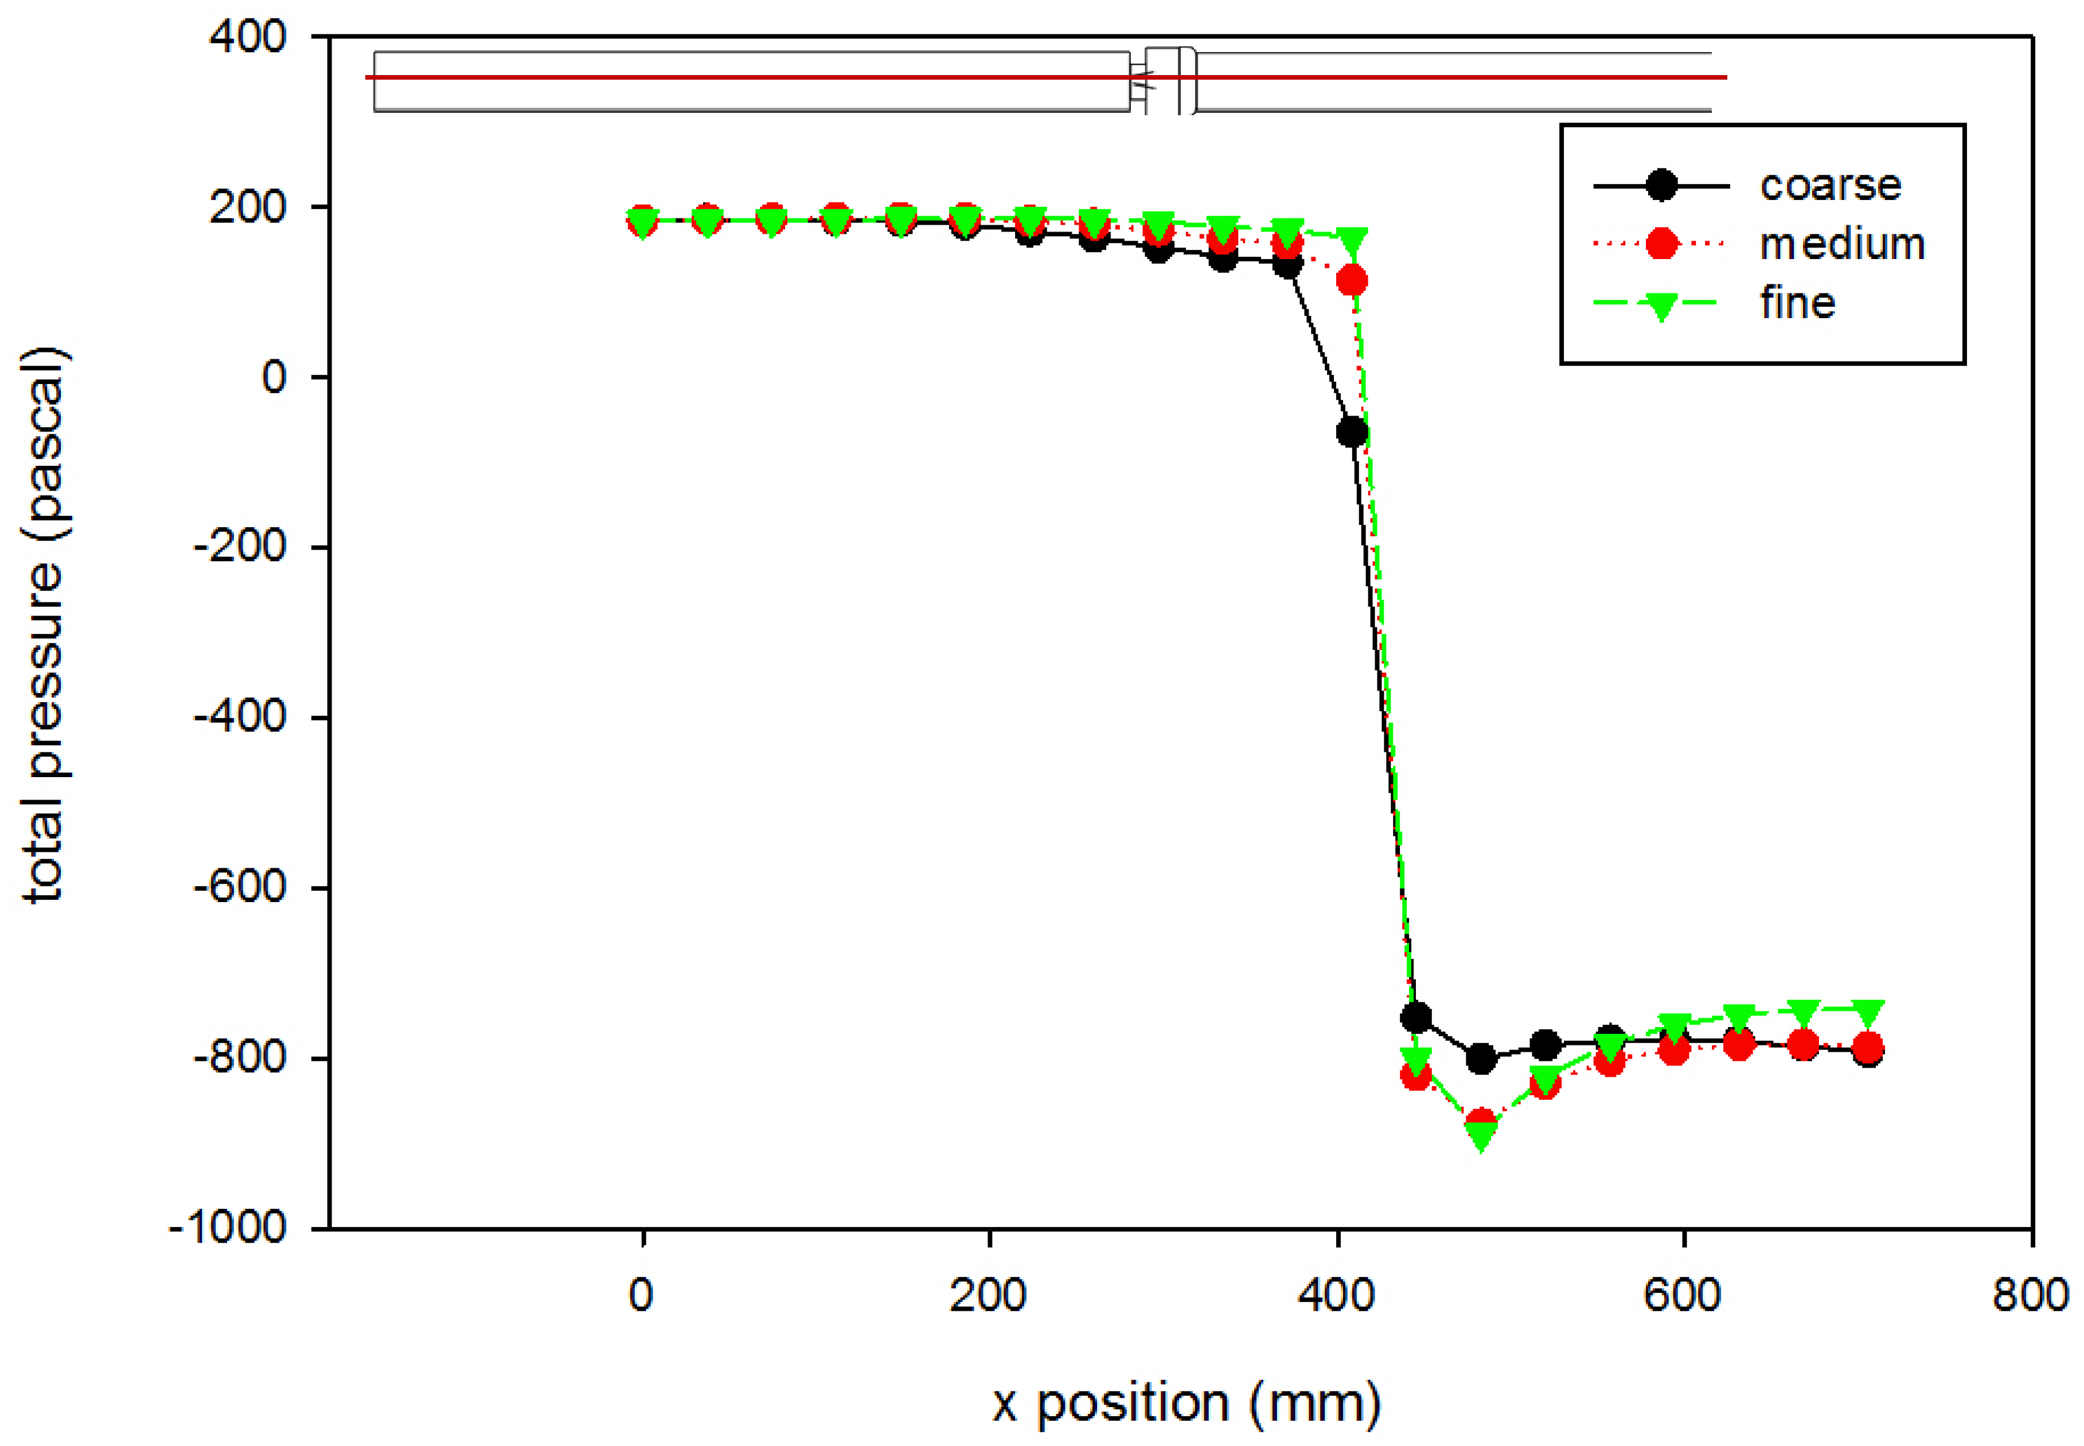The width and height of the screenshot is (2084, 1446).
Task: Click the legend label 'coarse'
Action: tap(1829, 186)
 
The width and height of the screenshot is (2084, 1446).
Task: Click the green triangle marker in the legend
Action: tap(1661, 305)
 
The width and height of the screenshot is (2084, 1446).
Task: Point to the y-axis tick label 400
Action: tap(248, 37)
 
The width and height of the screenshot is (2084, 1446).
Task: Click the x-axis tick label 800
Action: tap(2030, 1296)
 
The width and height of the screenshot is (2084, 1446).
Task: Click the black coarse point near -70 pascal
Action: tap(1352, 432)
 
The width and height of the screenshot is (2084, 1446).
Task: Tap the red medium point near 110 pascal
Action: tap(1352, 281)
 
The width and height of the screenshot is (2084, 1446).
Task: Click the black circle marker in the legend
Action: tap(1661, 186)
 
